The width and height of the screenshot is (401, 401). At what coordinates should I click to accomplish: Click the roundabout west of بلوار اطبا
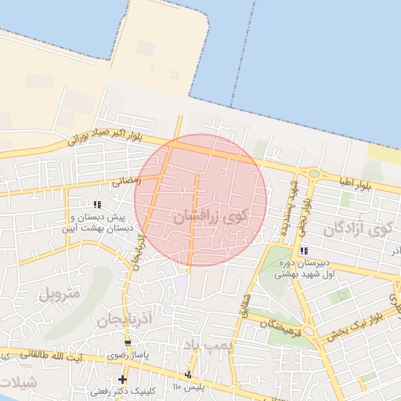[314, 174]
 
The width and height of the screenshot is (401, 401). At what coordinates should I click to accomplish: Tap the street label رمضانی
[127, 180]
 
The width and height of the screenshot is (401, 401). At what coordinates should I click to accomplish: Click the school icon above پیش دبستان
[97, 204]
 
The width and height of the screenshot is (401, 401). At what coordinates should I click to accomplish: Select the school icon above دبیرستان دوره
[304, 251]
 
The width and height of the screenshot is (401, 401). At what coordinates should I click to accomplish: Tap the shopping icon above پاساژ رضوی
[128, 343]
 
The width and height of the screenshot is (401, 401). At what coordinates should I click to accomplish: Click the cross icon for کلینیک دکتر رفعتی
[122, 380]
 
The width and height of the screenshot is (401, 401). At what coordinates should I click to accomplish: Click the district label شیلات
[17, 383]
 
